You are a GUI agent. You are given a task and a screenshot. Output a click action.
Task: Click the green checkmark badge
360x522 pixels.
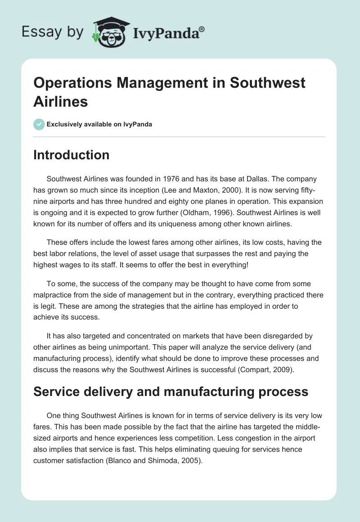pos(39,124)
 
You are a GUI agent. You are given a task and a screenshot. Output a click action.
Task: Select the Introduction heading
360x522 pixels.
pos(71,155)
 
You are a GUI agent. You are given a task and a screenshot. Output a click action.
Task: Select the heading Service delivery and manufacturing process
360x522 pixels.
pos(171,391)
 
